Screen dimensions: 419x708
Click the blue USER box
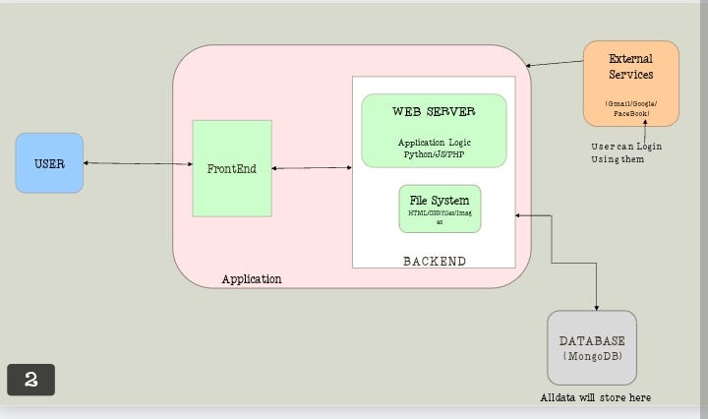[x=49, y=163]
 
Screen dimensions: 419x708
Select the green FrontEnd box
[x=231, y=168]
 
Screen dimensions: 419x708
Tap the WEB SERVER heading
[x=434, y=111]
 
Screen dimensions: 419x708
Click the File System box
[x=440, y=209]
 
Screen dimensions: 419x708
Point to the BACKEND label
[x=435, y=261]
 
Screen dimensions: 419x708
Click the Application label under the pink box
[x=251, y=279]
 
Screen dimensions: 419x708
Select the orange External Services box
[x=630, y=83]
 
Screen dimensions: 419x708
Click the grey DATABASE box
[x=592, y=347]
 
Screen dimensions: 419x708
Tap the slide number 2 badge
[x=30, y=380]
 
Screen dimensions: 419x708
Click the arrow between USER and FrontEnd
[x=138, y=163]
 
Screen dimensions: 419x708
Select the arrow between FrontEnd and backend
[x=312, y=168]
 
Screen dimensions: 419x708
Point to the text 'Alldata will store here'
[x=595, y=397]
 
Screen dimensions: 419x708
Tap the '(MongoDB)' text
[x=592, y=355]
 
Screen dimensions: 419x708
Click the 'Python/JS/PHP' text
[x=434, y=154]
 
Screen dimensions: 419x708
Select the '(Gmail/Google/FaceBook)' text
[x=630, y=109]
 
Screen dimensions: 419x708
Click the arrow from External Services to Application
[x=555, y=63]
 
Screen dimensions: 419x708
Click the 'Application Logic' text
[x=434, y=143]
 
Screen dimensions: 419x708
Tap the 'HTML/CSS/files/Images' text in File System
[x=440, y=217]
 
